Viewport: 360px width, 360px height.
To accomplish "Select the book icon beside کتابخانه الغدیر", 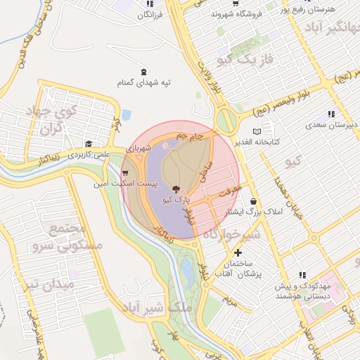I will click(257, 131).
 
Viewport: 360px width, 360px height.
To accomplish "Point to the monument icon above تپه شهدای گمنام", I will click(144, 72).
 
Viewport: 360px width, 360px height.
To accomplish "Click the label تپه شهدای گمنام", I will click(144, 83).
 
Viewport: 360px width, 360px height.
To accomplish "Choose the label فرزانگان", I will click(150, 14).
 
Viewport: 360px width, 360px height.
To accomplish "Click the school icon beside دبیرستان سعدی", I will click(330, 115).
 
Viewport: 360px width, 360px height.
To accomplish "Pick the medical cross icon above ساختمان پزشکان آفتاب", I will click(239, 252).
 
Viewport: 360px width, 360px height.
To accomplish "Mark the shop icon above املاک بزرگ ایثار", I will click(253, 201).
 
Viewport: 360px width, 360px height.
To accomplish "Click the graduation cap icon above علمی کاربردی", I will click(89, 143).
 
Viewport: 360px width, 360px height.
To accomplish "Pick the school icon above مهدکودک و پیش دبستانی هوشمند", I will click(302, 275).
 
